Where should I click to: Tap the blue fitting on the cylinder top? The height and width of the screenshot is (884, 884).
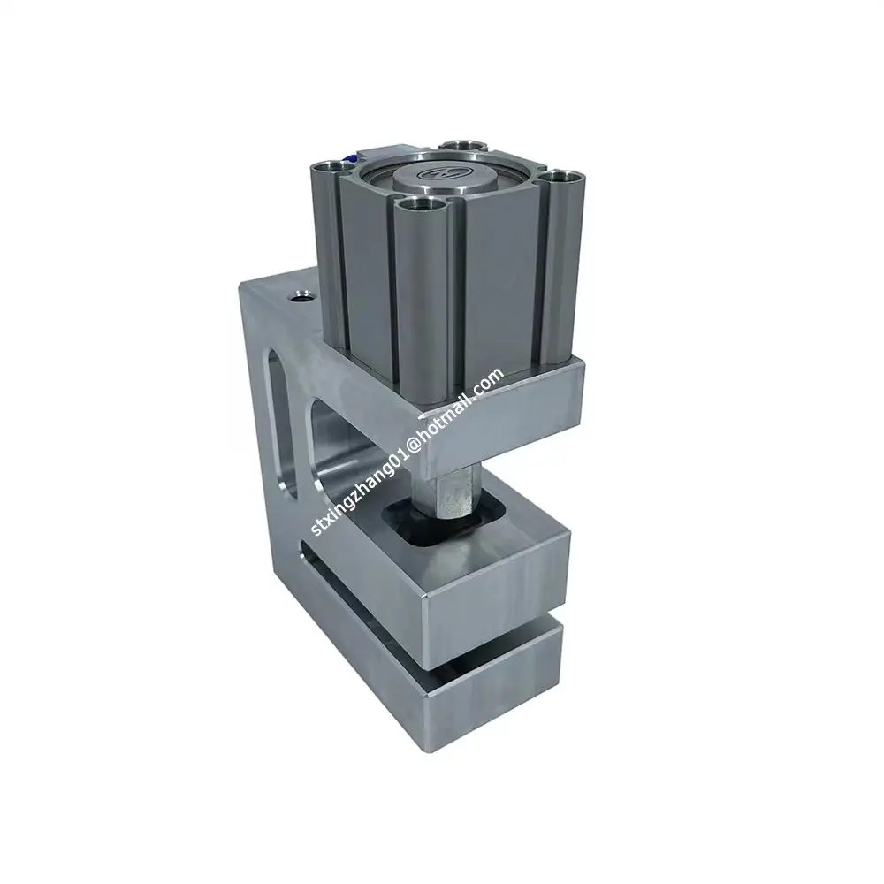tap(352, 159)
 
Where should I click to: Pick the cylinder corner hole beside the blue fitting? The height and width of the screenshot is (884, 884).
tap(331, 165)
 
